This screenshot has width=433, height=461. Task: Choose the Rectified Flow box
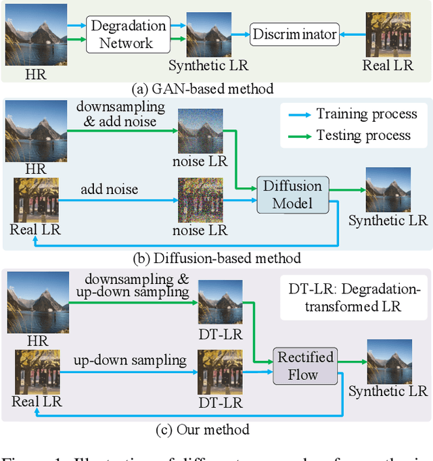(x=304, y=366)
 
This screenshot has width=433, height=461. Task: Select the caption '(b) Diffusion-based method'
(x=216, y=257)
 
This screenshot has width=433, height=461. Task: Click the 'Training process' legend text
(x=363, y=114)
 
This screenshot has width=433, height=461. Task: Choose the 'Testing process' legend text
(x=363, y=135)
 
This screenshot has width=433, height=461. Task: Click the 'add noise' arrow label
(x=110, y=189)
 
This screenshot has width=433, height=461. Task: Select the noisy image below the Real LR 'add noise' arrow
(x=200, y=199)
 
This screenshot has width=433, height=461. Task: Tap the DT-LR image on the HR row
(x=220, y=301)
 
